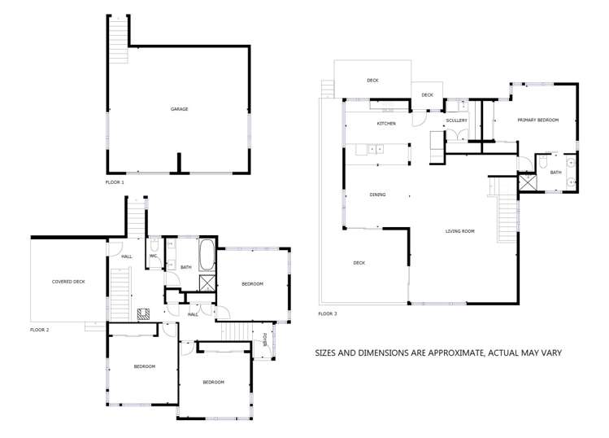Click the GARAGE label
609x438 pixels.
pos(180,109)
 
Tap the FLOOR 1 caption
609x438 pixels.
pos(115,182)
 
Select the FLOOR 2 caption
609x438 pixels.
pos(40,330)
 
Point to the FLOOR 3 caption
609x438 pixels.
pos(328,313)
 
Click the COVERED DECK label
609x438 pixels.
pos(68,282)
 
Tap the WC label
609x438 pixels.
pos(153,256)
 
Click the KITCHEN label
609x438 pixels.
pos(385,124)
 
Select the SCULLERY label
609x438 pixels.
pos(456,120)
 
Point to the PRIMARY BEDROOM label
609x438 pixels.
pos(538,120)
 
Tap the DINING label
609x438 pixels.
pos(377,195)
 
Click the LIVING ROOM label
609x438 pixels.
pos(459,231)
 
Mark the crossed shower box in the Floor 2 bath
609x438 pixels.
pos(207,283)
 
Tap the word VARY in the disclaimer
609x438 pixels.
pos(550,353)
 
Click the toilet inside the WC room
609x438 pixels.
pos(154,245)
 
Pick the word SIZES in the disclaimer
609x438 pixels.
pos(329,353)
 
